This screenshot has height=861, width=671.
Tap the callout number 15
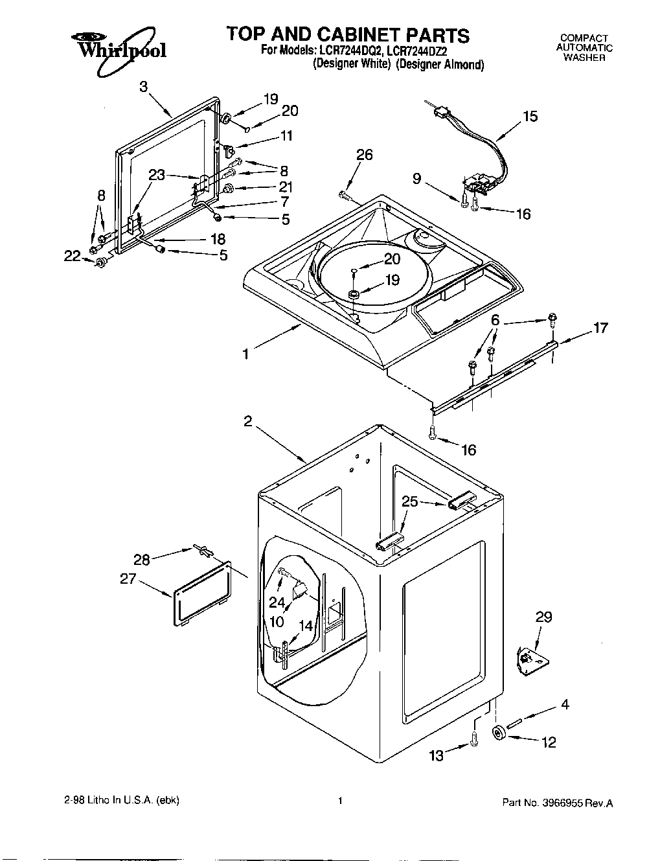530,117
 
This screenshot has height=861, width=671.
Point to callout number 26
365,155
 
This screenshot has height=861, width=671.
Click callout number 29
543,617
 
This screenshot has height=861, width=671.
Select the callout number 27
128,579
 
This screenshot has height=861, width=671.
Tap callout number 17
600,328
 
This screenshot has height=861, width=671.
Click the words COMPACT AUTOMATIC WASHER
584,48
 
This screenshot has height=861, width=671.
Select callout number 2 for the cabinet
247,421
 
